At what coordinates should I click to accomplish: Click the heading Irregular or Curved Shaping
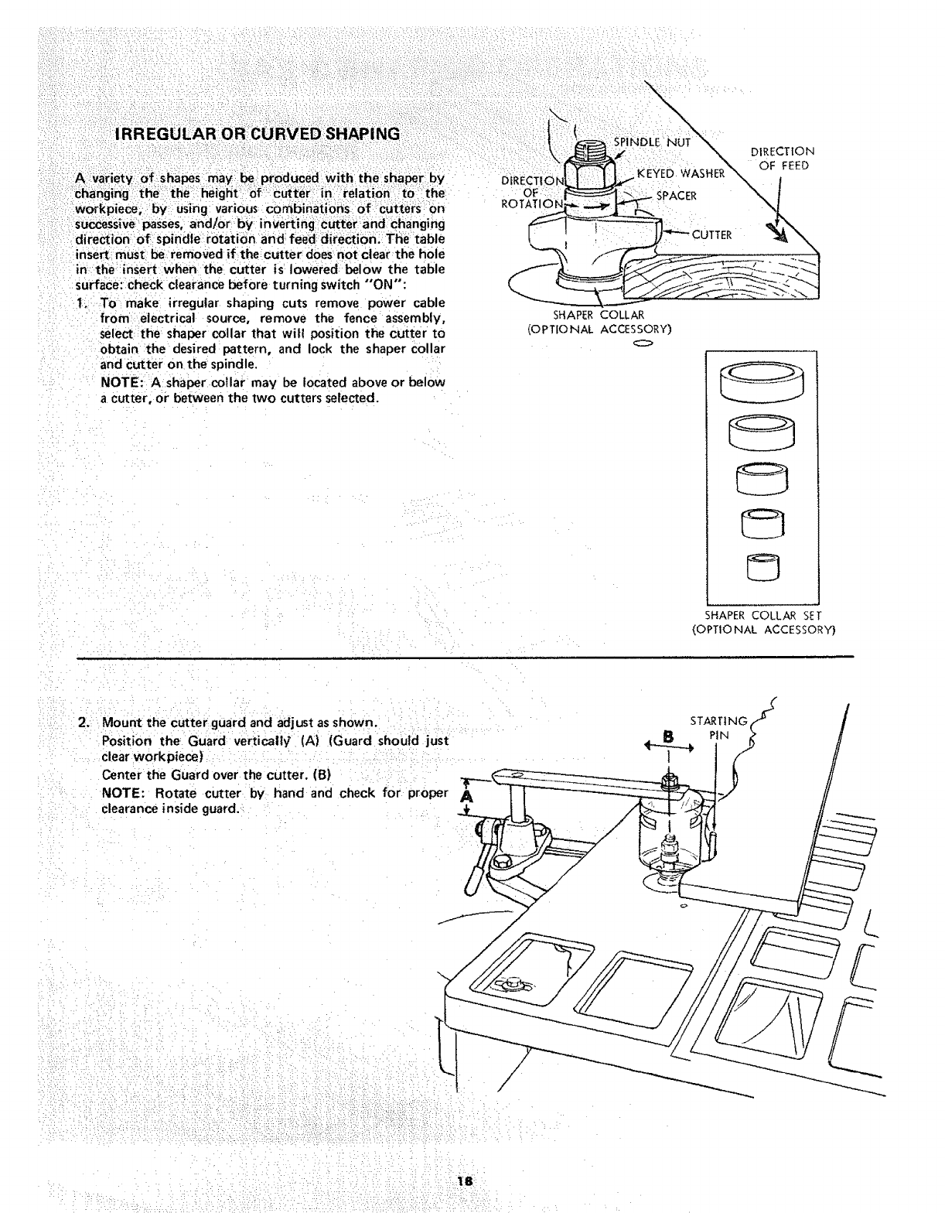[257, 134]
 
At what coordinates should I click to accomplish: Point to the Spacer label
[676, 196]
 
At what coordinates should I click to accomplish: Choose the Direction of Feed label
[783, 159]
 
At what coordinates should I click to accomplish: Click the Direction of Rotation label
[530, 193]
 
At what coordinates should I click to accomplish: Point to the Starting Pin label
[718, 728]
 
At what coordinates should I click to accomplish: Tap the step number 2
[84, 723]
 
